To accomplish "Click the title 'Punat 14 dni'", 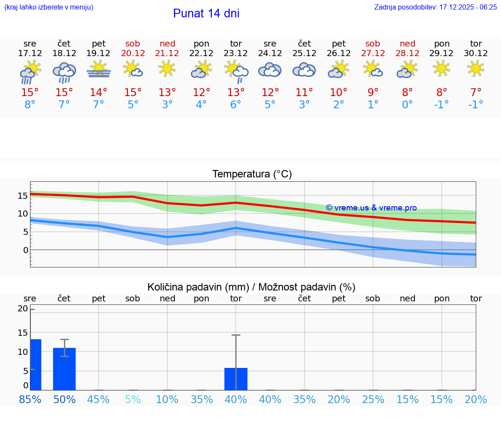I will coord(206,13).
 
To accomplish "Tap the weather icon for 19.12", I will coord(99,69).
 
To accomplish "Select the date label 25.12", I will coord(304,53).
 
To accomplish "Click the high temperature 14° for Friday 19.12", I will coord(99,93).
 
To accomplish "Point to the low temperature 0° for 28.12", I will coord(407,105).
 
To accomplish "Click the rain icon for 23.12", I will coord(236,70).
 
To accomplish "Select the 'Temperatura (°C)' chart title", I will coord(252,174).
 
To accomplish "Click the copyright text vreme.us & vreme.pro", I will coord(371,208).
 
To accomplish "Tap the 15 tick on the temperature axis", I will coord(23,196).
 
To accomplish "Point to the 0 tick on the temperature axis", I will coord(26,250).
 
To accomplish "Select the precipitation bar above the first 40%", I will coord(236,379).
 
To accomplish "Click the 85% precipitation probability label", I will coord(30,399).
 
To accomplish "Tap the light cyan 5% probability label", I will coord(133,399).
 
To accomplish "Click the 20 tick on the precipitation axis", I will coord(23,309).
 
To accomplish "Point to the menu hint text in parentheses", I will coord(49,7).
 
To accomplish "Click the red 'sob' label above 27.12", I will coord(373,43).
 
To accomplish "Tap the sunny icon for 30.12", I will coord(476,68).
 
